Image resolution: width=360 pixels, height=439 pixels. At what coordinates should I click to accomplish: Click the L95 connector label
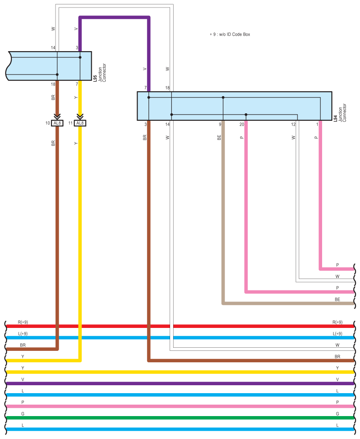pyautogui.click(x=95, y=79)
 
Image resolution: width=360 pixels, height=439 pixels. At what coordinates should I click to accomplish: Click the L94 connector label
pyautogui.click(x=335, y=119)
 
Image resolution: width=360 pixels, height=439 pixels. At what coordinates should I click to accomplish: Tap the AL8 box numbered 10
pyautogui.click(x=57, y=123)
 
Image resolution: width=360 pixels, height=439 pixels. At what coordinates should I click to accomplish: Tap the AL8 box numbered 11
pyautogui.click(x=80, y=123)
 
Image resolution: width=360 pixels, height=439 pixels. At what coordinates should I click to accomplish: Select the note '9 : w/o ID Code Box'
pyautogui.click(x=230, y=34)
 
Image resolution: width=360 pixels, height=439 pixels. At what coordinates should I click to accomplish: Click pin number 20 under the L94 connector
pyautogui.click(x=241, y=125)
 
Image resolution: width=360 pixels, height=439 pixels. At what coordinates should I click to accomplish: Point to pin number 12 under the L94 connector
pyautogui.click(x=293, y=125)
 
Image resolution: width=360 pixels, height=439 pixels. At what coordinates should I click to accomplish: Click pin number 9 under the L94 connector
pyautogui.click(x=220, y=125)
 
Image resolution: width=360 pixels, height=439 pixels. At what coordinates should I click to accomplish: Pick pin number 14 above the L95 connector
pyautogui.click(x=53, y=48)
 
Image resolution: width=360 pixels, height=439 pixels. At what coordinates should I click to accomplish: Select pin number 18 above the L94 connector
pyautogui.click(x=167, y=88)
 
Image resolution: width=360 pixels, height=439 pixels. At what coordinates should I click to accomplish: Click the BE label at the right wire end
pyautogui.click(x=337, y=299)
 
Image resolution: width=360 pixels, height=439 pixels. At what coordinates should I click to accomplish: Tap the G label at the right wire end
pyautogui.click(x=338, y=413)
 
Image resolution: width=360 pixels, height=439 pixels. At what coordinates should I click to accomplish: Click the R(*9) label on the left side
pyautogui.click(x=22, y=322)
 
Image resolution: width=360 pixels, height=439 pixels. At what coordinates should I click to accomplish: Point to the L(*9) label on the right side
pyautogui.click(x=338, y=334)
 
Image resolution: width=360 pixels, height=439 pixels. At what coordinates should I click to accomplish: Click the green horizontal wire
pyautogui.click(x=176, y=417)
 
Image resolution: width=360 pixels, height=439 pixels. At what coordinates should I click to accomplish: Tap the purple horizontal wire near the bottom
pyautogui.click(x=176, y=383)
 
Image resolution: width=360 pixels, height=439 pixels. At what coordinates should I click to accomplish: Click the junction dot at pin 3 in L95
pyautogui.click(x=80, y=57)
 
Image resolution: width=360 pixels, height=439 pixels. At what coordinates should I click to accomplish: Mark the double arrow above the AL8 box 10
pyautogui.click(x=57, y=116)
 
